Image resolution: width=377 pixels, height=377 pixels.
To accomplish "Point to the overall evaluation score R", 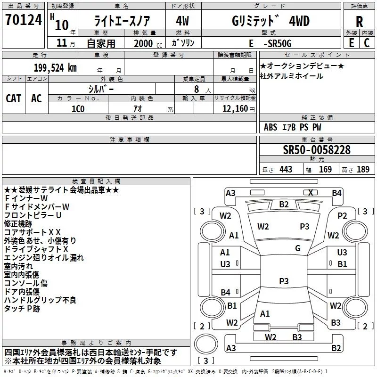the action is (x=359, y=21).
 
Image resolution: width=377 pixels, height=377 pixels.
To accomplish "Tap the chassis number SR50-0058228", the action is (x=317, y=150).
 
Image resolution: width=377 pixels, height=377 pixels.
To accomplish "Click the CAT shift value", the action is (x=14, y=98).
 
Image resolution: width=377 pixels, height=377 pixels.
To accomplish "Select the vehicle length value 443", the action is (x=285, y=169).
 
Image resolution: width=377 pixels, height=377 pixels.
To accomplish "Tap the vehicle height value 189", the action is (x=363, y=169).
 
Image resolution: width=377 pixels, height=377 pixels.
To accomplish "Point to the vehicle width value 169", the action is (x=325, y=169).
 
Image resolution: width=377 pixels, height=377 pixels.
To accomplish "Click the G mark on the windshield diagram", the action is (x=298, y=248).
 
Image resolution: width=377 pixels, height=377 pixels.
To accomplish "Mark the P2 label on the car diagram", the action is (x=342, y=215).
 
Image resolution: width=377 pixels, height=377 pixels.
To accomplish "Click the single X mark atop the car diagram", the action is (x=311, y=192).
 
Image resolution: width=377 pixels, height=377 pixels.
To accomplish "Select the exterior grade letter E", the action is (x=351, y=43).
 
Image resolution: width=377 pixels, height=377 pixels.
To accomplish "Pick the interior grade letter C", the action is (x=367, y=43).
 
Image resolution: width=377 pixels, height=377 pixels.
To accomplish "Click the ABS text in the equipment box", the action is (x=270, y=127).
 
